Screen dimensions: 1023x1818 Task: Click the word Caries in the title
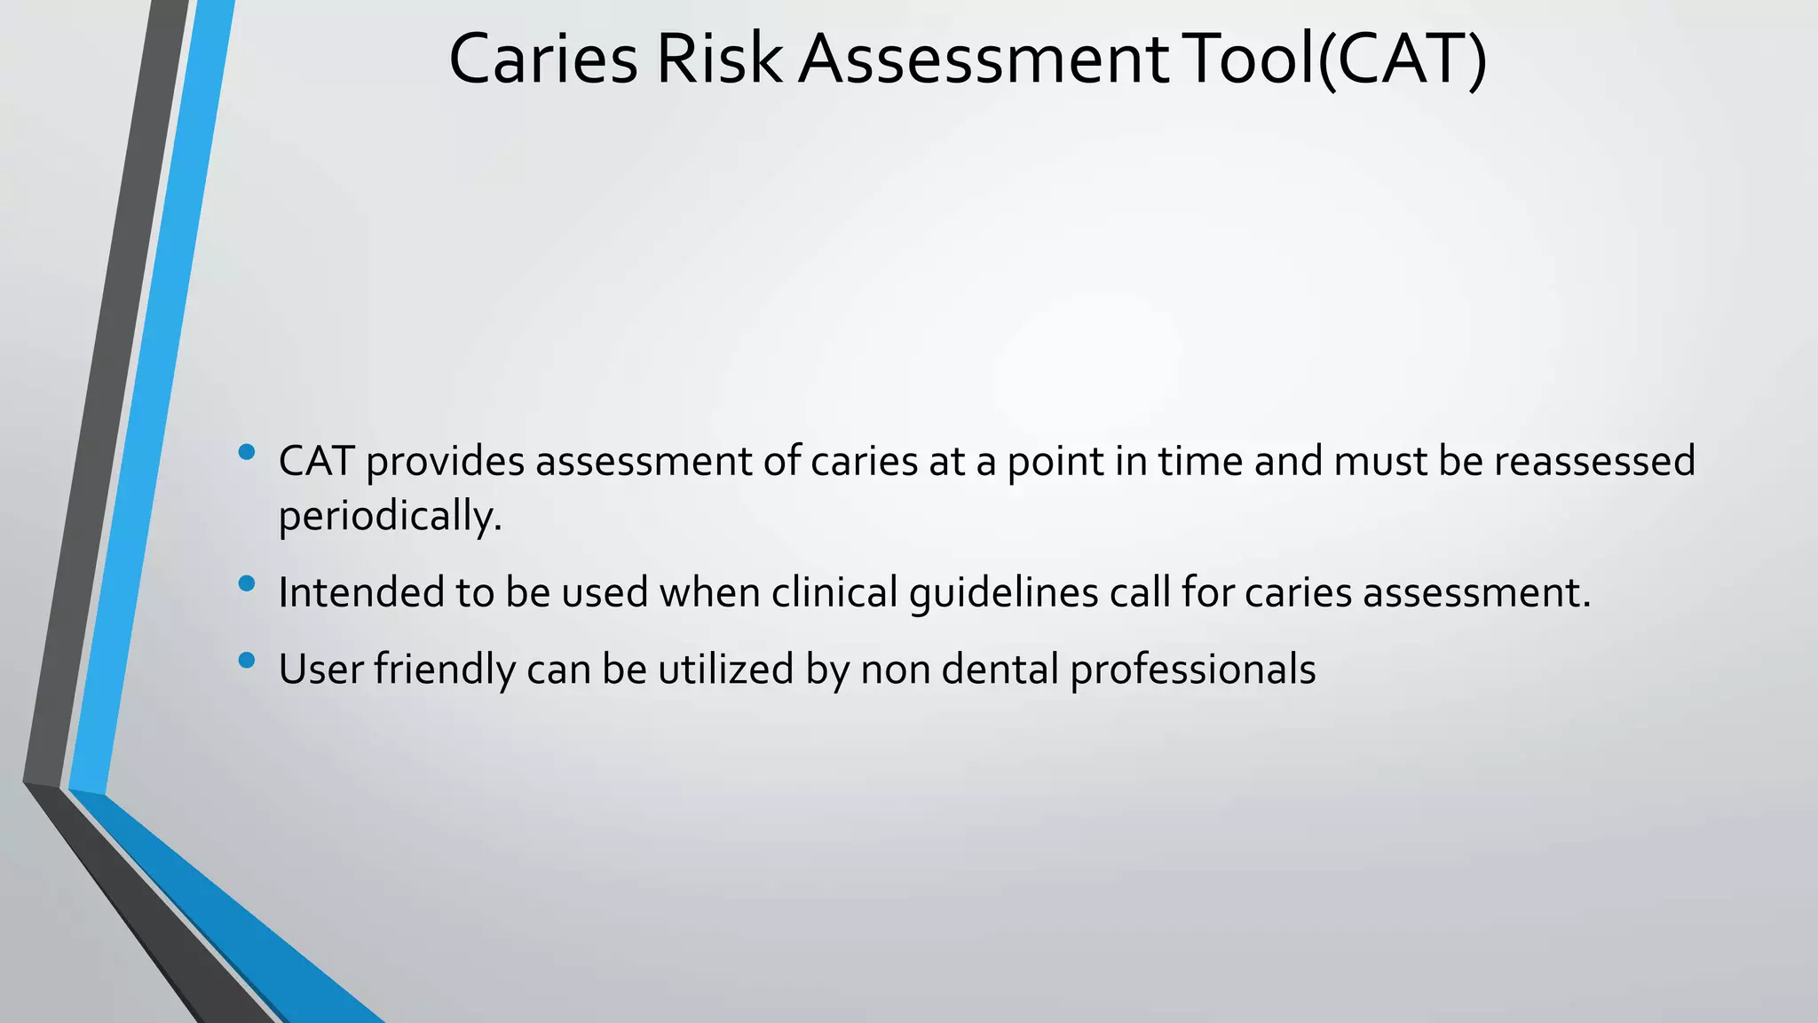tap(542, 59)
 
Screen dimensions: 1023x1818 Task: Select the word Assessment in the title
tap(984, 59)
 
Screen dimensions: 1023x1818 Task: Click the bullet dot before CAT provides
tap(247, 453)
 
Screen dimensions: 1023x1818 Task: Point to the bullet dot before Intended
tap(247, 583)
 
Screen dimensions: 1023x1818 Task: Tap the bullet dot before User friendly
tap(247, 660)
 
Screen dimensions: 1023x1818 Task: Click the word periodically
tap(390, 516)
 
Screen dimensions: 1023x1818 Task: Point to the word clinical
tap(834, 592)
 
